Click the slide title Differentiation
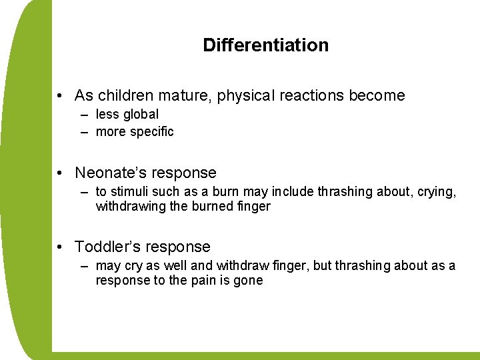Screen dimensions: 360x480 tap(265, 45)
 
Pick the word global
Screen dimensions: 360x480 tap(140, 115)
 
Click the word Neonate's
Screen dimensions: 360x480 tap(108, 173)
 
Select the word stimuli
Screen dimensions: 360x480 tap(130, 192)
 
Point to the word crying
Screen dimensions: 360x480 tap(438, 192)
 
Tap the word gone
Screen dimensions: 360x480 tap(249, 281)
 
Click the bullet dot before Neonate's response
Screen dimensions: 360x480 tap(60, 173)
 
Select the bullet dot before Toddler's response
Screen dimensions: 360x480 tap(60, 247)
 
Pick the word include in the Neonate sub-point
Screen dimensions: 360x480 tap(293, 192)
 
